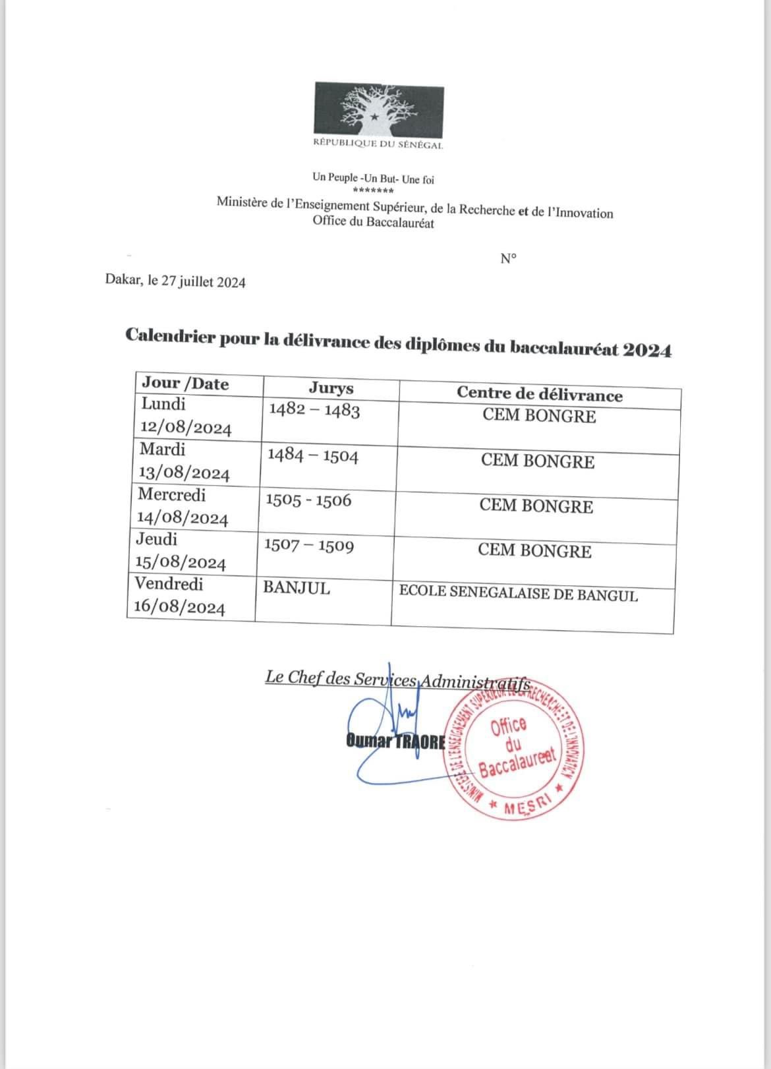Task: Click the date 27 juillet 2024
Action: pyautogui.click(x=204, y=283)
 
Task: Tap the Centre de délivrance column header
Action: pyautogui.click(x=539, y=395)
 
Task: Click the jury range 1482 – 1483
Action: pyautogui.click(x=314, y=411)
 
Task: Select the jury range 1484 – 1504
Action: pyautogui.click(x=312, y=455)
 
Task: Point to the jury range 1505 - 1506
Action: pyautogui.click(x=308, y=500)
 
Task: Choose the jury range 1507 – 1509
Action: pyautogui.click(x=308, y=546)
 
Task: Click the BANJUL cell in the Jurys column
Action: pyautogui.click(x=297, y=588)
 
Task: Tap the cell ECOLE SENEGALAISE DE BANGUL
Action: pyautogui.click(x=518, y=594)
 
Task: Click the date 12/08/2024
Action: pyautogui.click(x=186, y=429)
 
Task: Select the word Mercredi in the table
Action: pyautogui.click(x=171, y=494)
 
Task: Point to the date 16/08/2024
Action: pyautogui.click(x=179, y=608)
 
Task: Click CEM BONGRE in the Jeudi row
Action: pyautogui.click(x=534, y=550)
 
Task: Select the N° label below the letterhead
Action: pyautogui.click(x=508, y=258)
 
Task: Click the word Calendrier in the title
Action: pyautogui.click(x=169, y=336)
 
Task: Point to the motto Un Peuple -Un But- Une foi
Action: pyautogui.click(x=373, y=179)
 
